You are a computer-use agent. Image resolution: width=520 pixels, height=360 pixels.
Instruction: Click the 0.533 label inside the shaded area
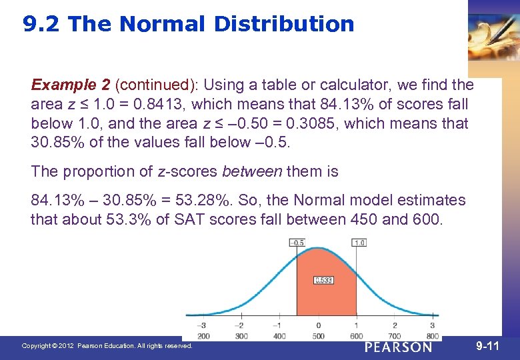(324, 280)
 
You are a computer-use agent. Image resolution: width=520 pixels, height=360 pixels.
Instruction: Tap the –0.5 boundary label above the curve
(297, 243)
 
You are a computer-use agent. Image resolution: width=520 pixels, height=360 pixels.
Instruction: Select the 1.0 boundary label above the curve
(359, 243)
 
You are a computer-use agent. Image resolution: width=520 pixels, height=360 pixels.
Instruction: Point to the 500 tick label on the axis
(318, 335)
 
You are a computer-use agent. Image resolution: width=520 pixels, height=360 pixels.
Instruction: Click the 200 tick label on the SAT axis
(204, 335)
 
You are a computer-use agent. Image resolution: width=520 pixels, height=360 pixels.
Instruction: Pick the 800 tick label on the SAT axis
(432, 335)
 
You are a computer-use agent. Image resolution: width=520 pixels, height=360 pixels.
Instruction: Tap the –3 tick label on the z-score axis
(203, 326)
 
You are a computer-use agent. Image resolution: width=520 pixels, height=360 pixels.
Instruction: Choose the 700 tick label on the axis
(394, 335)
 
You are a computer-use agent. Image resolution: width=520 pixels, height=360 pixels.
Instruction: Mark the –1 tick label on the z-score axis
(279, 326)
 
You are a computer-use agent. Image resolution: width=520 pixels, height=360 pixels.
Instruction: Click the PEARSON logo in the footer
(399, 347)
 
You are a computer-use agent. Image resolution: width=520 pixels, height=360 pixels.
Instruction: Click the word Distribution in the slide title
(284, 25)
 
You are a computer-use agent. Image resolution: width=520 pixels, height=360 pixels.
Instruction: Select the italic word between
(252, 171)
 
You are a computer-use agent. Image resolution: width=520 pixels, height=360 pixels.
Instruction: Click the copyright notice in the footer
(107, 346)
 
